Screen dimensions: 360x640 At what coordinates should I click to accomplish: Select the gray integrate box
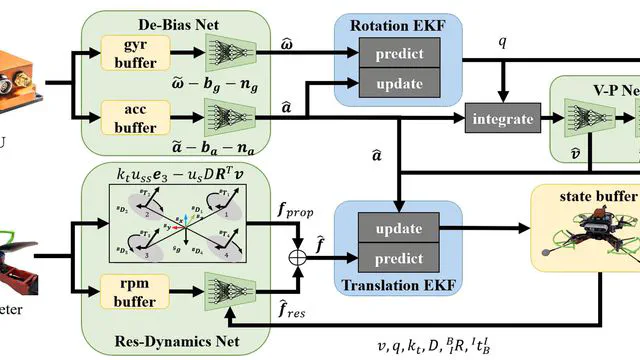click(503, 118)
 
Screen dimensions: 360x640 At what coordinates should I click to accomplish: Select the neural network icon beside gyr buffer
click(231, 53)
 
